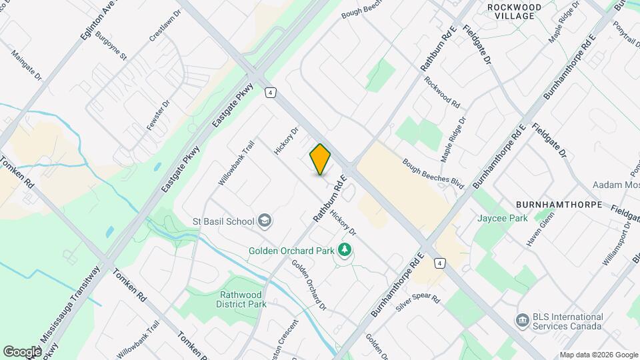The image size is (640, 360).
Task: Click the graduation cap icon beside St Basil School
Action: coord(265,221)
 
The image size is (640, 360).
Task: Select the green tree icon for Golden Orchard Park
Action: coord(345,251)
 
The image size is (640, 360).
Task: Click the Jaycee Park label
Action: coord(502,218)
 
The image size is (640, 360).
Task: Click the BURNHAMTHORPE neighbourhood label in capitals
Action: coord(559,204)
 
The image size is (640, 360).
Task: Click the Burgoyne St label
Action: coord(111,46)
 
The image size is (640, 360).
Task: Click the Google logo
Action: coord(22,351)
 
